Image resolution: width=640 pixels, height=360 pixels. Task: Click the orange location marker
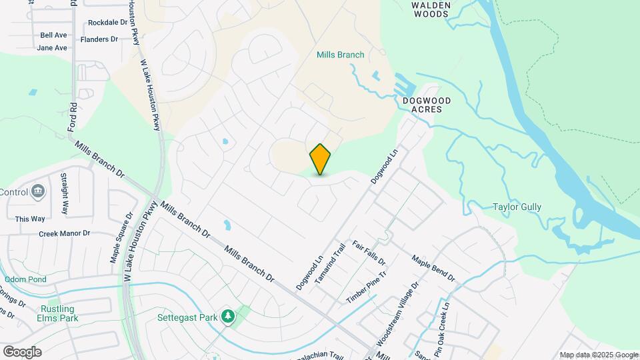pos(321,159)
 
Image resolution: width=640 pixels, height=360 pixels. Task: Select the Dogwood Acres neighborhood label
pos(427,105)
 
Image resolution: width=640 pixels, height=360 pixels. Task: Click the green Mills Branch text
pos(341,55)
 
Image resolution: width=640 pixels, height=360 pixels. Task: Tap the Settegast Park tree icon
pos(228,315)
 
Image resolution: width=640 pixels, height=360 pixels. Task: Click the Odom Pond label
pos(25,279)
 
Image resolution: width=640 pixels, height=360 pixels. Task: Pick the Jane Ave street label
pos(52,48)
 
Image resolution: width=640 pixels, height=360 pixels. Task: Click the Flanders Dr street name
pos(99,39)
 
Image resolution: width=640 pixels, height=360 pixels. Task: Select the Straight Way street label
pos(65,194)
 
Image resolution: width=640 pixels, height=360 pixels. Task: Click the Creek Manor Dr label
pos(64,233)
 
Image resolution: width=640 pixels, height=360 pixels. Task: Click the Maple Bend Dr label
pos(433,268)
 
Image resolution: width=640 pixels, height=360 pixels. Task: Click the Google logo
pos(22,351)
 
